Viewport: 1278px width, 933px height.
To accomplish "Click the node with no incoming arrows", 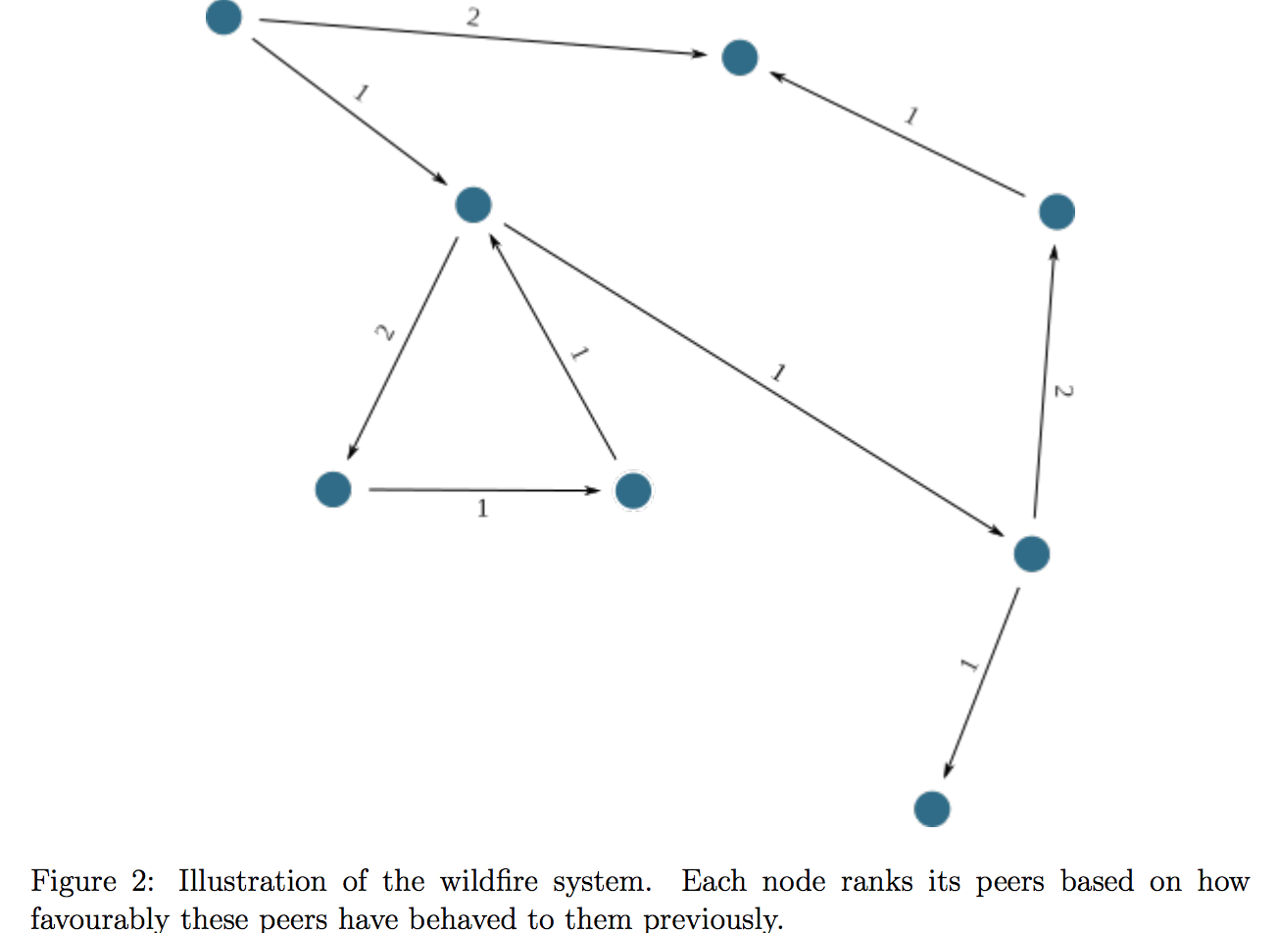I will click(224, 17).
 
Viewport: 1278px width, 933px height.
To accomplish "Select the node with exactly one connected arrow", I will click(932, 809).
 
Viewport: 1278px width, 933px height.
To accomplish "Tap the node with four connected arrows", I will click(473, 205).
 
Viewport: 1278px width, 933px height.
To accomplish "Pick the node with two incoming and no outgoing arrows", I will click(740, 57).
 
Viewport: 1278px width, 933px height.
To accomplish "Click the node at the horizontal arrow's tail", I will click(333, 488).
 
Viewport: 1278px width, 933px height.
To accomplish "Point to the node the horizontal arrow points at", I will click(633, 490).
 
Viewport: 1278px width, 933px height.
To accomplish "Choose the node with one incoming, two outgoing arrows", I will click(1031, 554).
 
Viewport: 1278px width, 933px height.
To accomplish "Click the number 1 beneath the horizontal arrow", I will click(482, 509).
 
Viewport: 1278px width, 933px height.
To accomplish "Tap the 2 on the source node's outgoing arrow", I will click(473, 17).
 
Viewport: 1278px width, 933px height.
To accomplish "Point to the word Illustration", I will click(252, 881).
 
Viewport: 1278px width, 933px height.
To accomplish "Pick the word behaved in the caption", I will click(462, 918).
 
